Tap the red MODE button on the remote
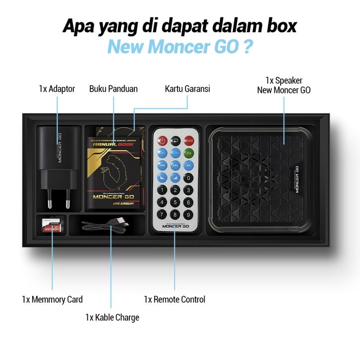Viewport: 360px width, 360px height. click(x=188, y=141)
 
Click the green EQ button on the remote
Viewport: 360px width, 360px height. click(x=188, y=153)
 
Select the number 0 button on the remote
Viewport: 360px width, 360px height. click(x=188, y=178)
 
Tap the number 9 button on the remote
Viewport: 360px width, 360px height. click(x=188, y=214)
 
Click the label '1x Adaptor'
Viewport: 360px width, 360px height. click(x=57, y=89)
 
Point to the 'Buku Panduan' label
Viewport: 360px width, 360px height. click(x=114, y=89)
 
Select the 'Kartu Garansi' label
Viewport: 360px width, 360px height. click(x=187, y=89)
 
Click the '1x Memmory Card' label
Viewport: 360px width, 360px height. click(x=52, y=300)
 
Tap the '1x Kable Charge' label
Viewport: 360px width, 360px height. click(x=112, y=317)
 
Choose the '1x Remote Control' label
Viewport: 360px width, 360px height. click(x=175, y=300)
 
